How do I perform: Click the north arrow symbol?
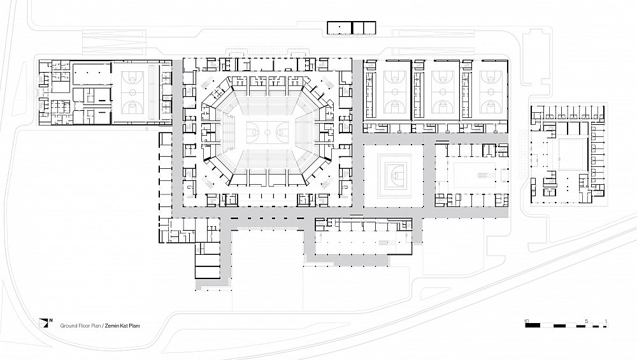(x=43, y=323)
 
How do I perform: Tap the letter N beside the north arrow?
(x=51, y=320)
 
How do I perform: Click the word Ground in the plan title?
(x=69, y=326)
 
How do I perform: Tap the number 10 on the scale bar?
(x=527, y=321)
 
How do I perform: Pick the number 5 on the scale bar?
(x=586, y=321)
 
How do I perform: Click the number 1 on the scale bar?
(x=606, y=321)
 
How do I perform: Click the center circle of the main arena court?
(x=268, y=132)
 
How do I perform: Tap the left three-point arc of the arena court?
(x=254, y=132)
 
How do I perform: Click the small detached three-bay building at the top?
(x=352, y=27)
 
